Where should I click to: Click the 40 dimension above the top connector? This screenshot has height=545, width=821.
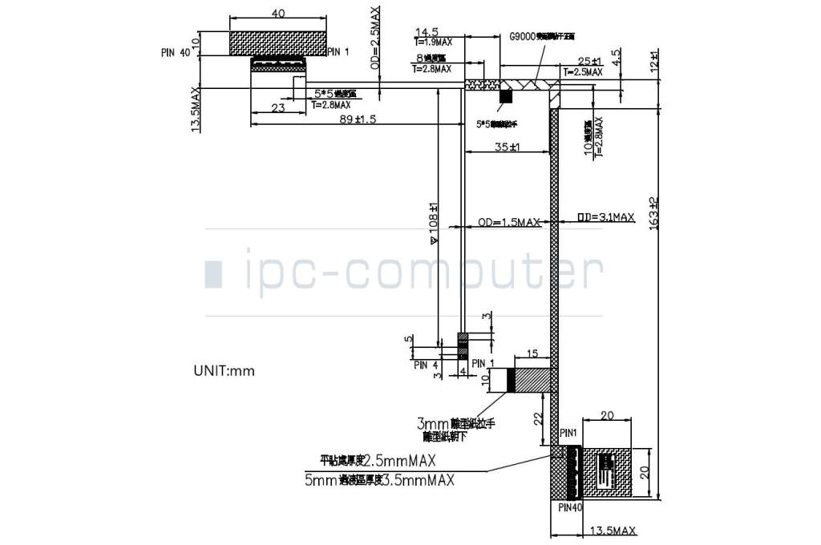point(279,14)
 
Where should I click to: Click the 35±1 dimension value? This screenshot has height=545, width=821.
point(507,147)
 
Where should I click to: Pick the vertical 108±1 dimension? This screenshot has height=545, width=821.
point(434,222)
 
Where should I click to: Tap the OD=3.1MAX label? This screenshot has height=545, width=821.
point(605,216)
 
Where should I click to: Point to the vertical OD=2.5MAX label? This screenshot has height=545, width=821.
point(377,38)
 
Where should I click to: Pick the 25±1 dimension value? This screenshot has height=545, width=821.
point(589,61)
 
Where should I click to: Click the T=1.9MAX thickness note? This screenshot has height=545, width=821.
point(434,42)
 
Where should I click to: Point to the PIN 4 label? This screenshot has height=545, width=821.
point(426,365)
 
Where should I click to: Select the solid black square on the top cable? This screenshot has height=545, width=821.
point(505,96)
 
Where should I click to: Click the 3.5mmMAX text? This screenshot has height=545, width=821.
point(418,480)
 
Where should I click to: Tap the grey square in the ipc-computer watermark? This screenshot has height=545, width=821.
point(213,273)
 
